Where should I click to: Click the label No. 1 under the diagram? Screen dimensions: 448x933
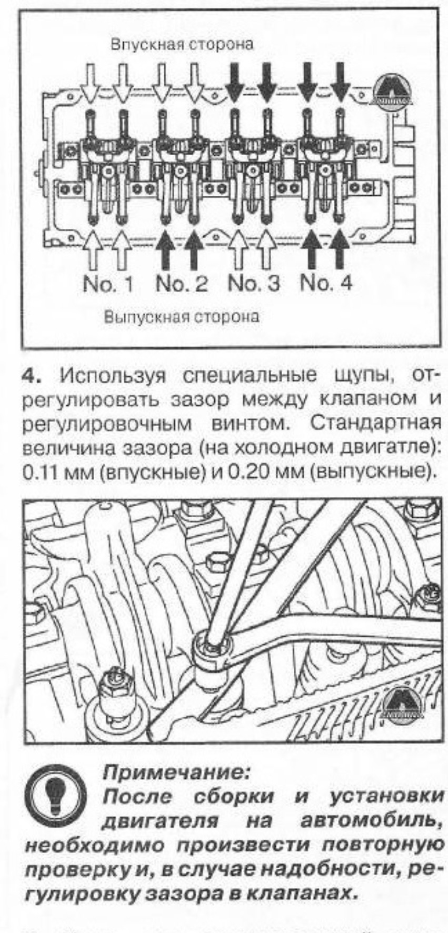point(108,284)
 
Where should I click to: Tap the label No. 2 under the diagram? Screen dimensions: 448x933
point(182,284)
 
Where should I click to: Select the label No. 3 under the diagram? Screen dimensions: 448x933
point(254,284)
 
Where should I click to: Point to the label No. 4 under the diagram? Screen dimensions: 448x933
point(325,284)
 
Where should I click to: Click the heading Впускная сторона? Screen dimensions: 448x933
point(182,44)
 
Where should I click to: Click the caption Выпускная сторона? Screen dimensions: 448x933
point(182,317)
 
